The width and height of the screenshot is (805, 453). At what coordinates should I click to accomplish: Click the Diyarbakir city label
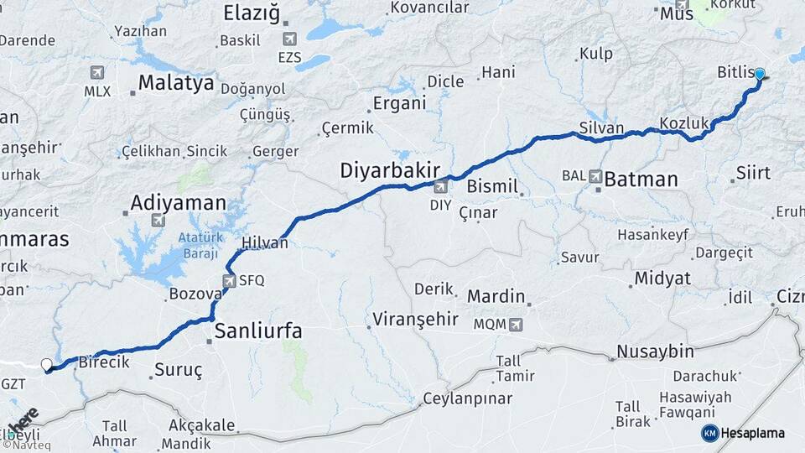[x=390, y=171]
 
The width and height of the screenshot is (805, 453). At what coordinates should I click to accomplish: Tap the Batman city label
[x=641, y=178]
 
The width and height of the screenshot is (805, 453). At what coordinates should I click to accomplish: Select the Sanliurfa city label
[x=258, y=331]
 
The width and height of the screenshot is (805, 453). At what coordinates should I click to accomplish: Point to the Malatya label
[x=176, y=84]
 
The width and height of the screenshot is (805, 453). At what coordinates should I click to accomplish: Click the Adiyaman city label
[x=179, y=202]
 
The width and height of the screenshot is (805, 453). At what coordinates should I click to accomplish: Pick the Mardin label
[x=496, y=296]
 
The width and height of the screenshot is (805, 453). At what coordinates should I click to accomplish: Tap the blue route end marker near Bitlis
[x=759, y=74]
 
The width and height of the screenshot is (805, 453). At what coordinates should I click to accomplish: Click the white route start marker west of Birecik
[x=47, y=364]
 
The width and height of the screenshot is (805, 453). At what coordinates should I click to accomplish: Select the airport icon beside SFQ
[x=230, y=281]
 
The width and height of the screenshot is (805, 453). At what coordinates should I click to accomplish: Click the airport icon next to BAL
[x=595, y=176]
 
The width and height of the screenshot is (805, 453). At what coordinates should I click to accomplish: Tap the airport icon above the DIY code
[x=440, y=187]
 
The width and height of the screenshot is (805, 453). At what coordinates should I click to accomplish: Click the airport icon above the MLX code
[x=97, y=72]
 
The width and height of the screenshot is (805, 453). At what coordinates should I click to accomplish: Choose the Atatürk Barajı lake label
[x=198, y=245]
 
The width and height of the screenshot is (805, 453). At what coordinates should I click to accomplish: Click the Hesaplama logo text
[x=752, y=433]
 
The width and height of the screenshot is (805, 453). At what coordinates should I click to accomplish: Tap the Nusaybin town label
[x=655, y=351]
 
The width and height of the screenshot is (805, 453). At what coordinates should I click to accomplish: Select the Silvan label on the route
[x=601, y=128]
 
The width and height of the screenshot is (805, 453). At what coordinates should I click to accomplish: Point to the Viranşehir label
[x=416, y=319]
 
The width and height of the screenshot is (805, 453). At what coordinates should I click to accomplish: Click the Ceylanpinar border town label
[x=466, y=398]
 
